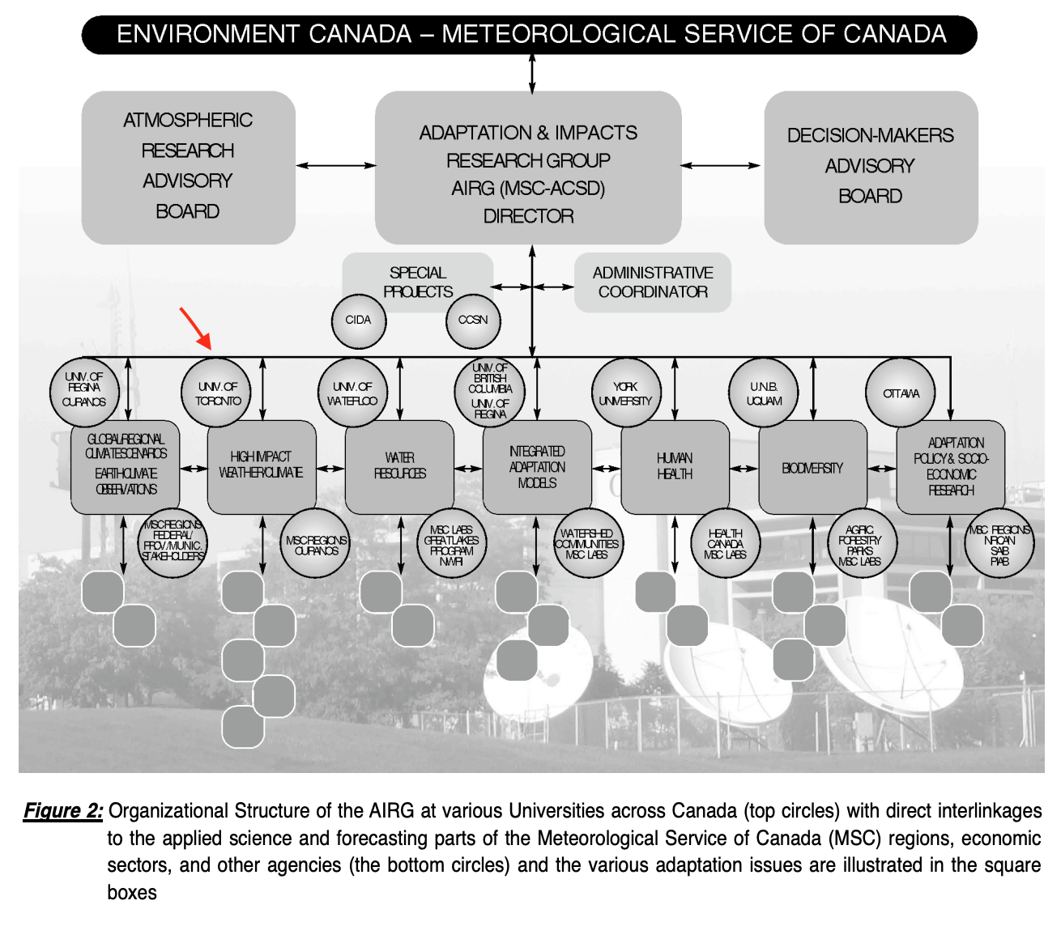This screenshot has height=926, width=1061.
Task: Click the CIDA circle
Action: (x=358, y=321)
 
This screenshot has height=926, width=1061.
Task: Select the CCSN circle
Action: (x=473, y=321)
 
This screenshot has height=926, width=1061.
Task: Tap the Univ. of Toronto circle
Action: (x=218, y=393)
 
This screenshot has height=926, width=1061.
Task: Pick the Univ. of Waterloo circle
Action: (x=352, y=393)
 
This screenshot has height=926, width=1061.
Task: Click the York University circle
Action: (x=625, y=393)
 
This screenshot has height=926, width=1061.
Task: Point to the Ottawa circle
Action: (x=901, y=393)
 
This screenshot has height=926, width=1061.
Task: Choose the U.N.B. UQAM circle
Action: (x=764, y=393)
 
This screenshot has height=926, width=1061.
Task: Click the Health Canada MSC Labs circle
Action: (x=725, y=544)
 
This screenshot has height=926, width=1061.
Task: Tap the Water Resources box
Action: (x=399, y=466)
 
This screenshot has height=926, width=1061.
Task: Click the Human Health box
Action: (x=675, y=466)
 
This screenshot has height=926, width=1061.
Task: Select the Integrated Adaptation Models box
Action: (x=537, y=466)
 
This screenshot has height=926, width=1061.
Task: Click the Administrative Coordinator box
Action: (x=653, y=282)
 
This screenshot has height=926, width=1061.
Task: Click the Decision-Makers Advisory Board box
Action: (x=871, y=167)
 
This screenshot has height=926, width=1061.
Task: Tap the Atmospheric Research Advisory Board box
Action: (x=188, y=167)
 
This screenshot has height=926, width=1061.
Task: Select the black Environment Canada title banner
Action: (x=530, y=35)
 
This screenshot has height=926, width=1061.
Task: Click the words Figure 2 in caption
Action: (x=63, y=811)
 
